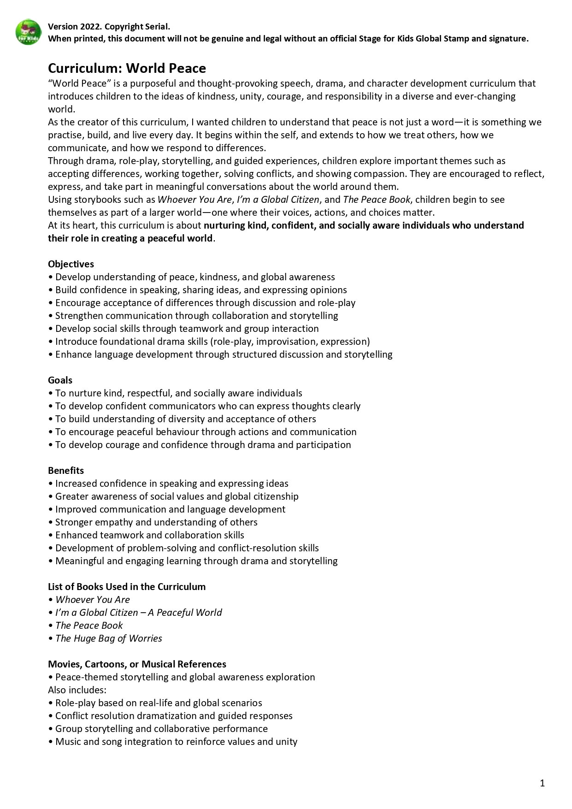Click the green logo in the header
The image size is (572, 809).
point(28,32)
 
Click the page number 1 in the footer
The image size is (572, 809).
point(542,783)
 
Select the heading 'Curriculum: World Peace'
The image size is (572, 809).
point(127,68)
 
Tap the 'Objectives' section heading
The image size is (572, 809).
point(71,264)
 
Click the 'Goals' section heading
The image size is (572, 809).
point(60,380)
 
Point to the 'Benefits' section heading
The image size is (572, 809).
point(66,471)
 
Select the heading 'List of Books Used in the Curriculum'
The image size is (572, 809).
point(127,587)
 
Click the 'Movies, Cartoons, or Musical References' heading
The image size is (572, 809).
point(137,664)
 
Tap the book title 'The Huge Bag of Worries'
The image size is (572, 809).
point(109,638)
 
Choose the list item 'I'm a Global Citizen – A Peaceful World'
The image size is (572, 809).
point(138,613)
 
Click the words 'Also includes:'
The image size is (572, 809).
point(77,690)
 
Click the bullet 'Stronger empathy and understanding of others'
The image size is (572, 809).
point(156,522)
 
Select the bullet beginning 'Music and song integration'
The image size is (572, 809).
point(176,742)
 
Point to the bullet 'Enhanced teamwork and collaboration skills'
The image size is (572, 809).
point(150,535)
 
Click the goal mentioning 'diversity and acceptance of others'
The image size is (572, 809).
point(185,419)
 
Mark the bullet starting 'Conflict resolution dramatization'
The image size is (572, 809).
point(174,716)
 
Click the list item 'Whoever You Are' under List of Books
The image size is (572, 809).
point(93,600)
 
